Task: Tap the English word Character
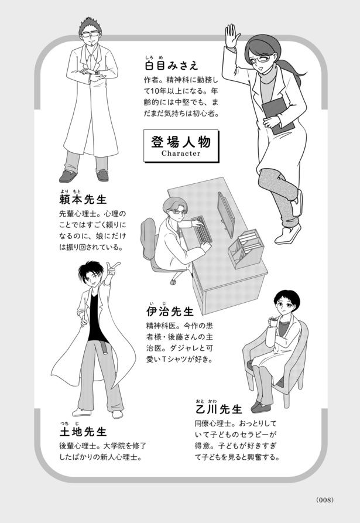[x=181, y=154]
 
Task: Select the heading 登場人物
[x=181, y=142]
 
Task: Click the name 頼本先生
[x=83, y=200]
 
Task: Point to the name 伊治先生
[x=170, y=312]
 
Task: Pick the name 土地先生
[x=83, y=432]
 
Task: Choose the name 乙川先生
[x=218, y=409]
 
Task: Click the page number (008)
[x=325, y=500]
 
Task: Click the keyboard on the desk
[x=202, y=229]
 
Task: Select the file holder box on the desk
[x=246, y=248]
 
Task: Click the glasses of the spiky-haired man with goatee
[x=90, y=34]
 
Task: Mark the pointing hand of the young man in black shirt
[x=112, y=268]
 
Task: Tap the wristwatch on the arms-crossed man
[x=97, y=73]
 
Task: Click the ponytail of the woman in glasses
[x=289, y=71]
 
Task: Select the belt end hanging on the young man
[x=105, y=348]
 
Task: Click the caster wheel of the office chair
[x=173, y=282]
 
